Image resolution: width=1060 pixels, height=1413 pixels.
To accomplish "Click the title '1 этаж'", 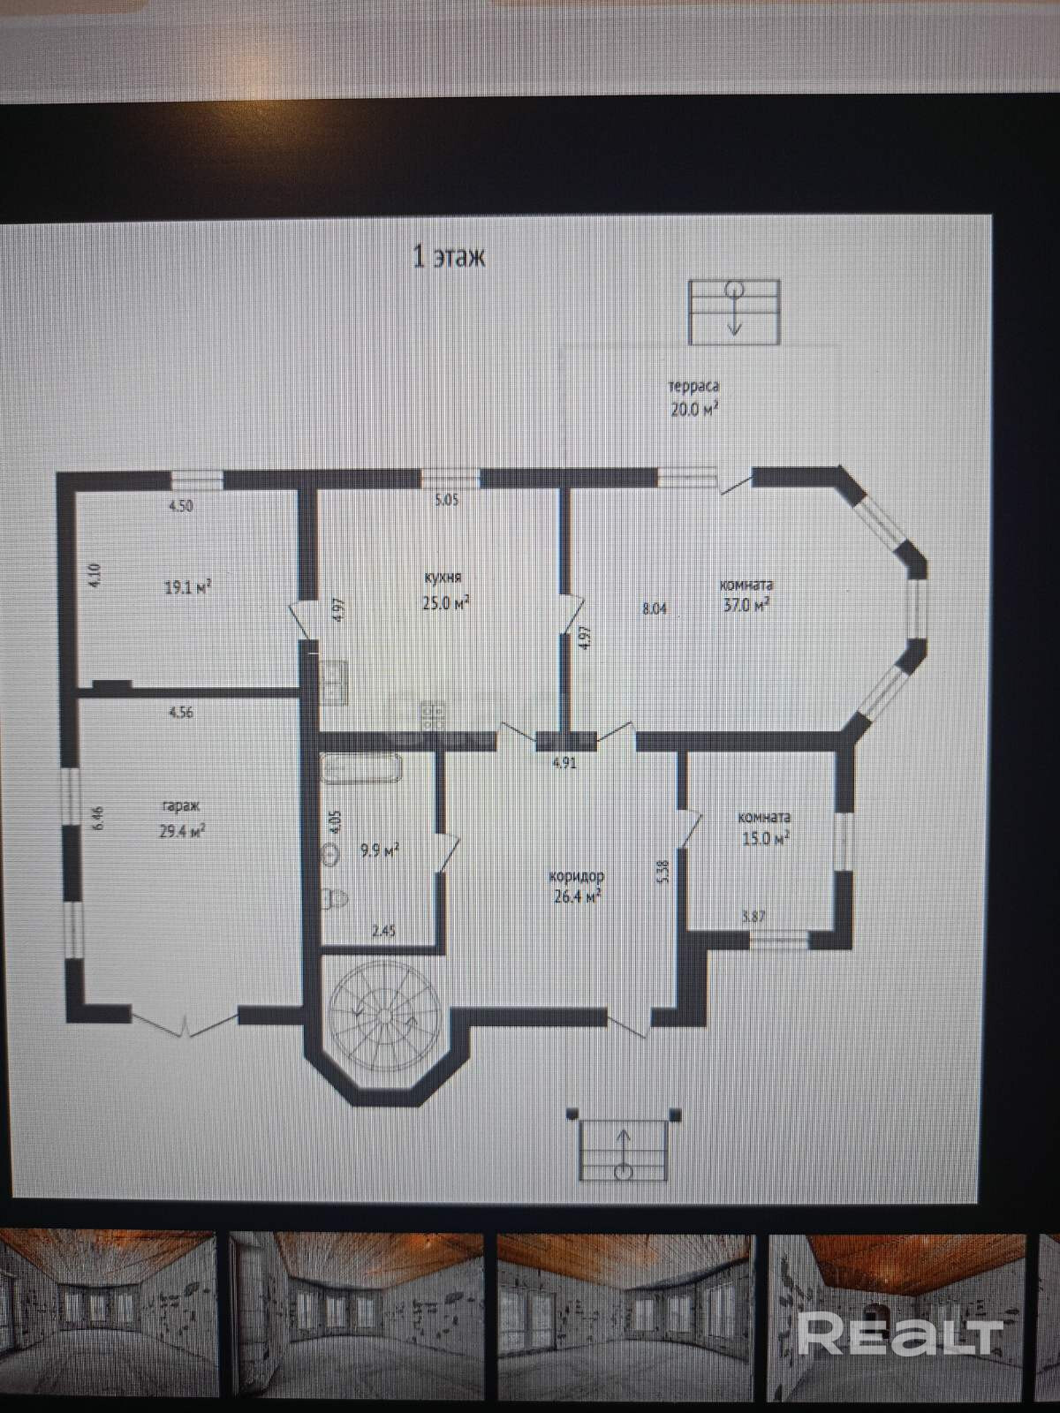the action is coord(450,257).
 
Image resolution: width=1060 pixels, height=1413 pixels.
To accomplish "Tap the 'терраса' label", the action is coord(693,386).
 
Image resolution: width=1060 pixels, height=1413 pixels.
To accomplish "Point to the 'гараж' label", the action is coord(180,805).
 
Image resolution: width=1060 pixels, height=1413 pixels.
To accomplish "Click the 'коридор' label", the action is coord(576,876).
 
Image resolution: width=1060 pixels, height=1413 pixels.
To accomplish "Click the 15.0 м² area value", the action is coord(766,838).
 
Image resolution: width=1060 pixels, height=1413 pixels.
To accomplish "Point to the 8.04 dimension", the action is coord(655,608).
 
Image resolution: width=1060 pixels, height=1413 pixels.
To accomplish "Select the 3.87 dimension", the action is coord(753,917).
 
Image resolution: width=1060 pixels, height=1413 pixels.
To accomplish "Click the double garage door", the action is coord(185,1024).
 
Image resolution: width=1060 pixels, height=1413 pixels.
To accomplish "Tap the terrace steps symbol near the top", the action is coord(734,311).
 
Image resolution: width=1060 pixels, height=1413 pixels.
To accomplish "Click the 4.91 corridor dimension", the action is coord(564,763).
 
